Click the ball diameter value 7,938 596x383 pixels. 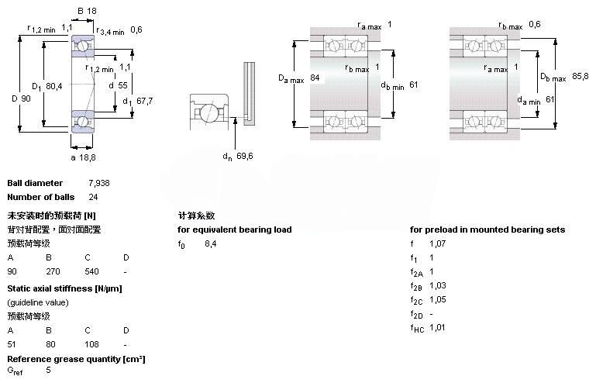98,183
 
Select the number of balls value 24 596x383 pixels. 93,197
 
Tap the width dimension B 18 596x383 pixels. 87,11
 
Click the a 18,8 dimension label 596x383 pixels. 83,157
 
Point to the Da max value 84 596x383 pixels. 315,78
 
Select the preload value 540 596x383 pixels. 92,271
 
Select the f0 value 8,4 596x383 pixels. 210,243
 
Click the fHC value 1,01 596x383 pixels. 437,327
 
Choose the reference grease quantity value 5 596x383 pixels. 48,371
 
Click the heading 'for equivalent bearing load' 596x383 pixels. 235,229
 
